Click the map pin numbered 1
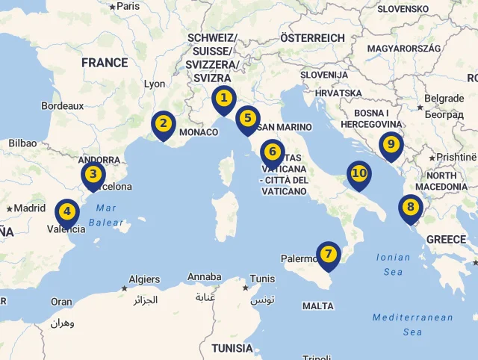click(x=223, y=98)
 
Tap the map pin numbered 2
click(x=164, y=123)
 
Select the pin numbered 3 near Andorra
click(x=93, y=176)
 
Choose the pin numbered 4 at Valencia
click(x=67, y=212)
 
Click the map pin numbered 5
click(x=247, y=118)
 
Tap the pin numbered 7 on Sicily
click(x=328, y=254)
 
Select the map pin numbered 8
click(x=410, y=207)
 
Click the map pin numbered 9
click(x=390, y=144)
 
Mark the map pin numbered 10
click(x=359, y=174)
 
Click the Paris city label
click(x=128, y=6)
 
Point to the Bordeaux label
click(x=63, y=106)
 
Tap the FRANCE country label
click(x=105, y=63)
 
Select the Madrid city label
click(x=30, y=208)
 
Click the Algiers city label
click(x=144, y=280)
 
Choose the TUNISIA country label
click(x=232, y=348)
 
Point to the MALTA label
click(x=318, y=306)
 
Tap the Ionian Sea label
click(x=393, y=264)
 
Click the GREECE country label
click(x=446, y=240)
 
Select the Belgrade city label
click(x=444, y=99)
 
